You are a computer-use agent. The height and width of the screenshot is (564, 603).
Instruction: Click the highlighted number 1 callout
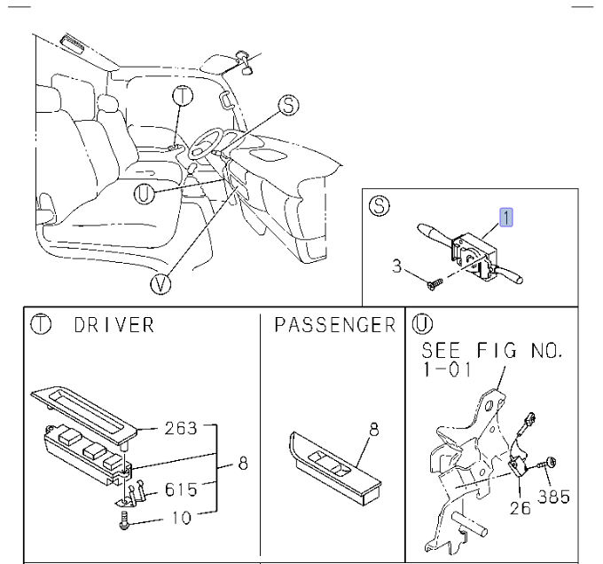(506, 216)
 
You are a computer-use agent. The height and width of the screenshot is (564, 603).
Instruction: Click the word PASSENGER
(333, 325)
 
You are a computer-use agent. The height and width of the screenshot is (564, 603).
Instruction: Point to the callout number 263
(182, 430)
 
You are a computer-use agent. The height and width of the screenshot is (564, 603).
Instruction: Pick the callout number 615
(180, 489)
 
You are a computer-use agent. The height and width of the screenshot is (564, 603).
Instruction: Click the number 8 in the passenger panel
(373, 429)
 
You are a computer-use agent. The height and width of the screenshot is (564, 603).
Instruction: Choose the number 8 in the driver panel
(243, 462)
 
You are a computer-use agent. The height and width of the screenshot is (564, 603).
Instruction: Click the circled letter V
(161, 282)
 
